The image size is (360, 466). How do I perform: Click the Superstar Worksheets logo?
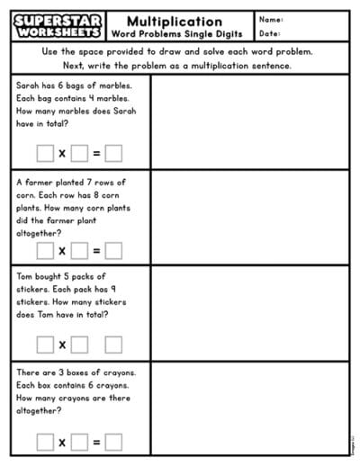58,25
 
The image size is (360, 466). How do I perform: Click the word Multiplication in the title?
175,21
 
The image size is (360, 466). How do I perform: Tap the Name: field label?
271,19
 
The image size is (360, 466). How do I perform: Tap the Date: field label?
270,33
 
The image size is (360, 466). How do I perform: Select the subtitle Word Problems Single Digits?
175,34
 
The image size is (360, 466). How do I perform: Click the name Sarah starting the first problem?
28,85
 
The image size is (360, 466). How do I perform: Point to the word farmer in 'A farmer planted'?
43,182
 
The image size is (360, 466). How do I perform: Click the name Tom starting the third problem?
25,277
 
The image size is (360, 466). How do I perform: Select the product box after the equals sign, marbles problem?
113,153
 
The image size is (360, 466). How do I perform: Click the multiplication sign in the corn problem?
62,250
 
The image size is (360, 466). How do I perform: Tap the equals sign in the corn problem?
96,250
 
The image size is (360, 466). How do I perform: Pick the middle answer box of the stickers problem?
79,345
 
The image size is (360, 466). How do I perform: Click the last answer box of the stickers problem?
113,345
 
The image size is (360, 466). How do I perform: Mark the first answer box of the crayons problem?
45,441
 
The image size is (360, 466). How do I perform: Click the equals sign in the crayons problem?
96,441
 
